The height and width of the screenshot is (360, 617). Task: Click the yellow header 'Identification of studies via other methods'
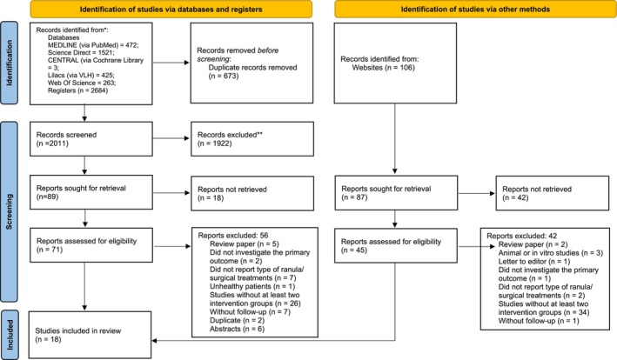pos(475,9)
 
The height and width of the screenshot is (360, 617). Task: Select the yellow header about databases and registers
pos(171,9)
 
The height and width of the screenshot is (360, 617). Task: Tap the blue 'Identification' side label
pos(9,63)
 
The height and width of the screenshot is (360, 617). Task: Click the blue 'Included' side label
pos(9,335)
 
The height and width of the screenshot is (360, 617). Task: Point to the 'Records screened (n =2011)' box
pos(91,139)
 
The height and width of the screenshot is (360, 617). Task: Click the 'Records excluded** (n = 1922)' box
pos(252,139)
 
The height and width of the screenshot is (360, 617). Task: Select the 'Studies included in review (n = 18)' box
pos(91,335)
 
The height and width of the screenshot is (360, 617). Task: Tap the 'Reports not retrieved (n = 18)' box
pos(252,193)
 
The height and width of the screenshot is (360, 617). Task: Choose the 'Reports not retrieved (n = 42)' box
pos(553,193)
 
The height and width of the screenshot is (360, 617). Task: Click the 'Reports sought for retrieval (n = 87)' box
pos(396,192)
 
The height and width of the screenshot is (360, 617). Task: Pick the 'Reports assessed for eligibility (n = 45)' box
pos(396,245)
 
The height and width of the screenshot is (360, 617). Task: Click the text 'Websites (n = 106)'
pos(383,68)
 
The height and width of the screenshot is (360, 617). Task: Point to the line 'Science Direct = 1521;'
pos(81,53)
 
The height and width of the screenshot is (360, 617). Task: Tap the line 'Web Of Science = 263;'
pos(82,83)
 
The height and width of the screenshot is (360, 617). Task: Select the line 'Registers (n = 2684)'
pos(78,90)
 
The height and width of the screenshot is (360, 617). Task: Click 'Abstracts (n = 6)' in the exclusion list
pos(237,329)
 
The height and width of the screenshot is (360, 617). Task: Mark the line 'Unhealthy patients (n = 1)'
pos(252,286)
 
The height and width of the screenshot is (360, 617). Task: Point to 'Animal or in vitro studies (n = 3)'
pos(551,253)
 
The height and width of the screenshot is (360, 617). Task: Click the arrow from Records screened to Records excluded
pos(171,138)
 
